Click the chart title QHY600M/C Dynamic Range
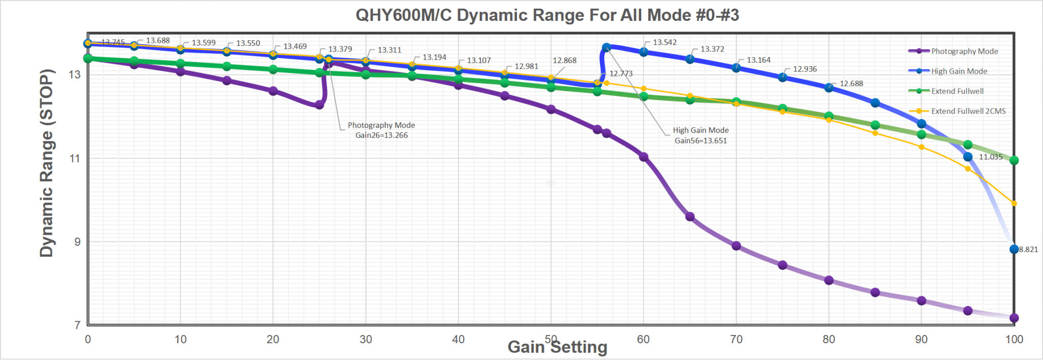tap(547, 15)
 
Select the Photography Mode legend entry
tap(964, 51)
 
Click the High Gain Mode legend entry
tap(958, 71)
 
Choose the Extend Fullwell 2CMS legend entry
tap(968, 111)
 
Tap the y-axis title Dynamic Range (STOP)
tap(46, 163)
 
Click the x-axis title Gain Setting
tap(557, 347)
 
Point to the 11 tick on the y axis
tap(74, 158)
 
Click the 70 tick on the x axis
tap(736, 340)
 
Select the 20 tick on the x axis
tap(273, 340)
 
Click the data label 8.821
tap(1028, 250)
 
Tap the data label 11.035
tap(991, 157)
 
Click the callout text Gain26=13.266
tap(381, 135)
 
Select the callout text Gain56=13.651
tap(701, 141)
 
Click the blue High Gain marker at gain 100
tap(1014, 250)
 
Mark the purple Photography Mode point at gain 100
tap(1014, 318)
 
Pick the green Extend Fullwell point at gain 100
tap(1014, 160)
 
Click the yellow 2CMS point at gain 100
tap(1014, 204)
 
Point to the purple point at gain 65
tap(690, 217)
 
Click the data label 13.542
tap(665, 42)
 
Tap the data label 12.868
tap(564, 61)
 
